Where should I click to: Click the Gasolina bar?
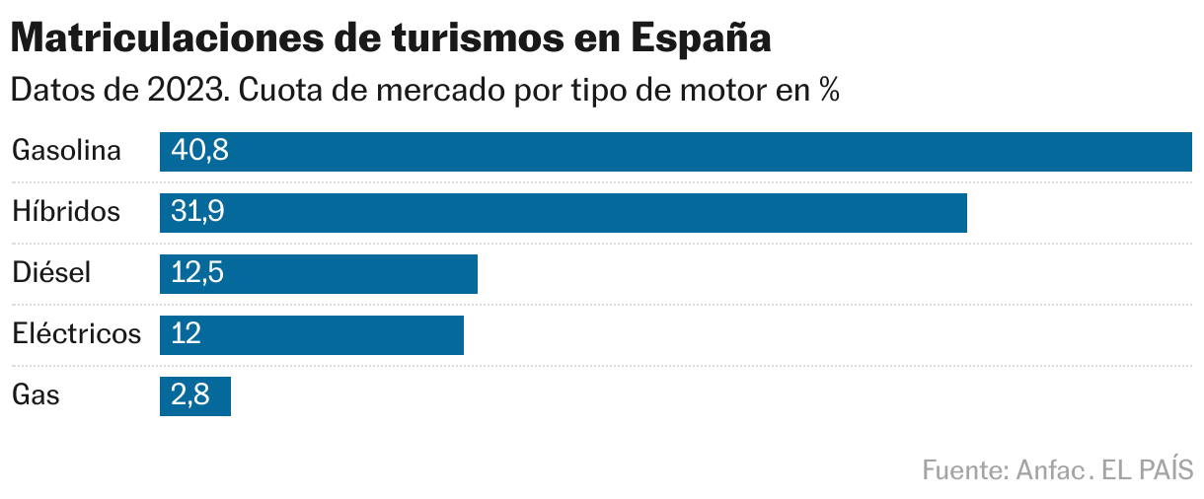(x=676, y=152)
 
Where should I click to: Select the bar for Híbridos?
(x=564, y=213)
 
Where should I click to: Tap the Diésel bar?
(x=319, y=274)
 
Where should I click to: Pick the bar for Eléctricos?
(x=312, y=335)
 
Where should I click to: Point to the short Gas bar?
(x=195, y=396)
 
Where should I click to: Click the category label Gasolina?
(x=66, y=151)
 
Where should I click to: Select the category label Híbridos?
(x=66, y=212)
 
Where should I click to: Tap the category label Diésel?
(x=51, y=273)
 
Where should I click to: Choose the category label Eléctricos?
(x=77, y=334)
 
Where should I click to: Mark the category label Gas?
(x=37, y=395)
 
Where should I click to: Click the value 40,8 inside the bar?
(x=199, y=151)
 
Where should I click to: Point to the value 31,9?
(x=197, y=212)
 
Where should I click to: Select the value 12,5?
(x=197, y=273)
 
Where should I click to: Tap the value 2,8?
(x=189, y=395)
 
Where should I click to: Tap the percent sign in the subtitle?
(x=827, y=91)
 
